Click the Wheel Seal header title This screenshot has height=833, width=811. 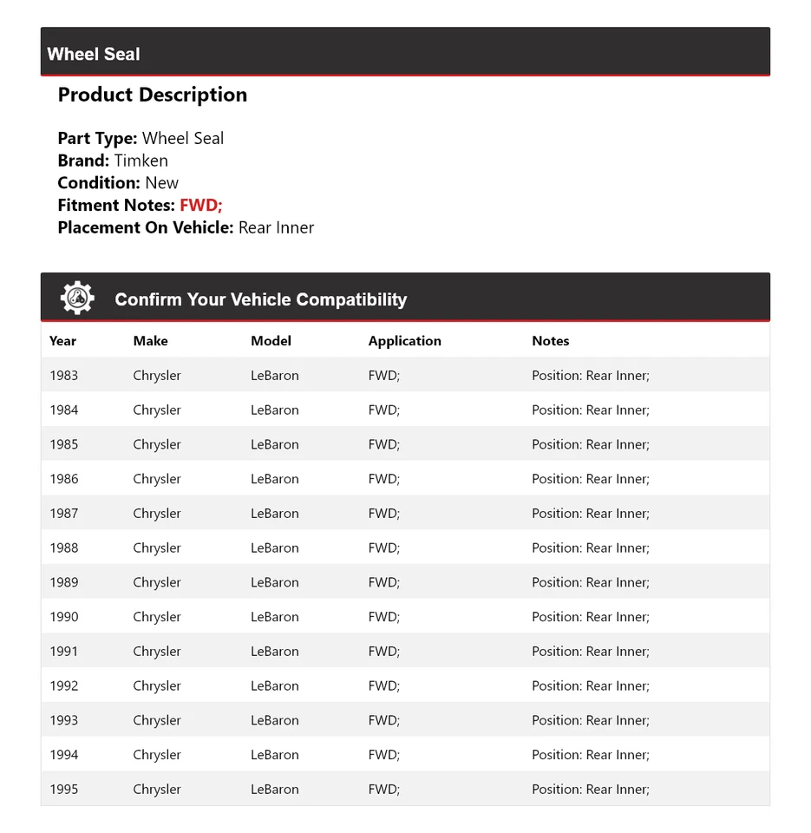tap(94, 54)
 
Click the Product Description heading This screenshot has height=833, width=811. tap(153, 95)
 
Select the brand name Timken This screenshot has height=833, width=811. tap(141, 161)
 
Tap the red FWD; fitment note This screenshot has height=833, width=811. tap(201, 206)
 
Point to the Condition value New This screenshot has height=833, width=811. tap(161, 183)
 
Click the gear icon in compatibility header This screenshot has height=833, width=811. tap(77, 298)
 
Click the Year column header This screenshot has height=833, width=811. tap(62, 341)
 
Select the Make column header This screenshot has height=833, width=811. tap(150, 341)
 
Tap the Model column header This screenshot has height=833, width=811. tap(271, 341)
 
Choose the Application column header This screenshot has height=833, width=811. tap(404, 341)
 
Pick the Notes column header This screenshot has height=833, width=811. tap(550, 341)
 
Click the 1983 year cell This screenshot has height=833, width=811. tap(63, 376)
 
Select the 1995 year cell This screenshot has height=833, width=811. tap(63, 790)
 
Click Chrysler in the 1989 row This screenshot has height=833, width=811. tap(157, 582)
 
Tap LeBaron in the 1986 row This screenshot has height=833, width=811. tap(274, 479)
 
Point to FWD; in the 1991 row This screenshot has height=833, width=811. tap(383, 652)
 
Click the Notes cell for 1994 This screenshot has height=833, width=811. tap(590, 755)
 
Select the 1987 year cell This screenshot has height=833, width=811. tap(63, 514)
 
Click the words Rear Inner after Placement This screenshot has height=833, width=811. tap(276, 228)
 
